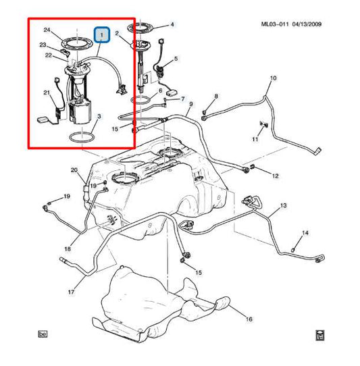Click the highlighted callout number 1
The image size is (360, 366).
point(102,35)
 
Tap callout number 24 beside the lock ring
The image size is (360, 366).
point(47,30)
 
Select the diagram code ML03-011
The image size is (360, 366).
point(275,24)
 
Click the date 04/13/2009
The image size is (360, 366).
point(307,24)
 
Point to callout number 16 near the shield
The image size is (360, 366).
point(249,319)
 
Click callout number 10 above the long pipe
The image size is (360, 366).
point(273,78)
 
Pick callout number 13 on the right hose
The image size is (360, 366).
point(283,206)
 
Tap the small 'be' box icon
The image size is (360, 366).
point(43,334)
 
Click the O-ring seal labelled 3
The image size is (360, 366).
point(82,137)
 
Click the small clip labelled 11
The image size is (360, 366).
point(263,124)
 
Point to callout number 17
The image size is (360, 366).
point(71,292)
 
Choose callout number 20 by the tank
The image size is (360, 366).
point(74,170)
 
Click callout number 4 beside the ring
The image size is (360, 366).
point(172,24)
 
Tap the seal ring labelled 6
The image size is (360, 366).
point(140,100)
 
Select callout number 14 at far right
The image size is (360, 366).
point(305,233)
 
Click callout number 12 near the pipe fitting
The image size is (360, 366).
point(276,176)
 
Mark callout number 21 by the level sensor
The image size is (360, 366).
point(47,93)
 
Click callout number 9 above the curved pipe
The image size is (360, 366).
point(191,104)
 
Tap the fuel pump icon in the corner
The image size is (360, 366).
point(320,336)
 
